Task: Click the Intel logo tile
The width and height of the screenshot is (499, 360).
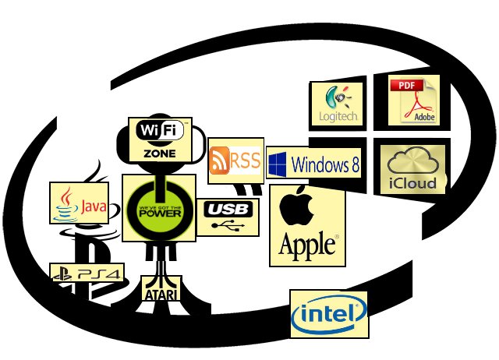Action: coord(328,314)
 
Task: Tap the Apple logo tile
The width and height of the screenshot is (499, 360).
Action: coord(308,225)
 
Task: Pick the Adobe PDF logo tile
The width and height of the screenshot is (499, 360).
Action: coord(414,100)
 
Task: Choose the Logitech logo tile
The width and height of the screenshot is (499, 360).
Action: coord(338,103)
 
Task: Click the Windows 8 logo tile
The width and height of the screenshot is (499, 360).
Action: coord(314,164)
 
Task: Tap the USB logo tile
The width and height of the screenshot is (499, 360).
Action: coord(227,217)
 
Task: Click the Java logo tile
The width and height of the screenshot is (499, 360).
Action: coord(79,204)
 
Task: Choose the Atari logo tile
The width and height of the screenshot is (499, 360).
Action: coord(161,288)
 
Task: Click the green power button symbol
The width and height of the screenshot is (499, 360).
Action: coord(158,206)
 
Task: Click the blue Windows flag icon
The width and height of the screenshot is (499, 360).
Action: coord(278,164)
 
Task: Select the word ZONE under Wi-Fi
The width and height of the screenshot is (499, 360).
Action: coord(159,153)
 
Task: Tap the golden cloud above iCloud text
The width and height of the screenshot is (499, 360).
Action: coord(412,161)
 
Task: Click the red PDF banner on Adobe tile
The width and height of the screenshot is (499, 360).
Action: coord(405,85)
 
